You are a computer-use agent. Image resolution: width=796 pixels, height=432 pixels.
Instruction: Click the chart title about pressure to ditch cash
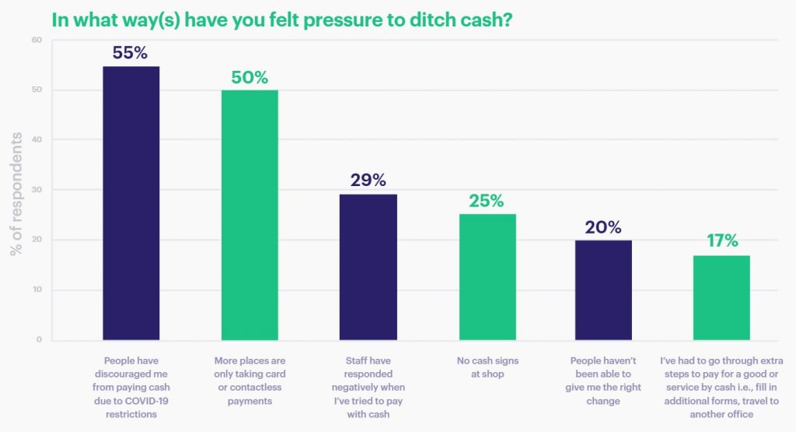coord(281,19)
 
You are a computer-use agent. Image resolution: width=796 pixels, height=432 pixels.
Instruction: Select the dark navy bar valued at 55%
coord(131,203)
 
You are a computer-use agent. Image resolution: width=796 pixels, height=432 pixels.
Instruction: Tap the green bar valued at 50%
coord(250,215)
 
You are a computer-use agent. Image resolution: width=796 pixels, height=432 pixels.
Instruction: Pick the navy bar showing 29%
coord(368,267)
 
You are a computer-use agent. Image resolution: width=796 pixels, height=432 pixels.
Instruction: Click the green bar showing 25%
coord(487,277)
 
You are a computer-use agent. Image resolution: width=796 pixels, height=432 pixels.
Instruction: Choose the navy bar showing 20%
coord(603,290)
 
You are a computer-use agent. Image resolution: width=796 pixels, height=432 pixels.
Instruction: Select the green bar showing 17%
coord(722,297)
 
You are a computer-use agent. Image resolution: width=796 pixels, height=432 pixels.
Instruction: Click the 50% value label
coord(250,77)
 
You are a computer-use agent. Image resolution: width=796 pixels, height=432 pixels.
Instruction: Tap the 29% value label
coord(368,180)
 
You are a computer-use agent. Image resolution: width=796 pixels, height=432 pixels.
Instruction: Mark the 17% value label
coord(722,241)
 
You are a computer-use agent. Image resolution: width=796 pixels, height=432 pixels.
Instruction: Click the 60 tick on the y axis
coord(37,40)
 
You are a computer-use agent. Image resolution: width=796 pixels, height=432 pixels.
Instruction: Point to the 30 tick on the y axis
coord(37,190)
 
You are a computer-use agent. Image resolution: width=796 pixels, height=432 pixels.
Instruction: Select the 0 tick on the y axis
coord(39,340)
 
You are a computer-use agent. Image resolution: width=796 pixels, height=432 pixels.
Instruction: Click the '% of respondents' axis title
coord(16,195)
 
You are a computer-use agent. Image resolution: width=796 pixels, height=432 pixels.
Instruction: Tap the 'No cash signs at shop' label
coord(487,367)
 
